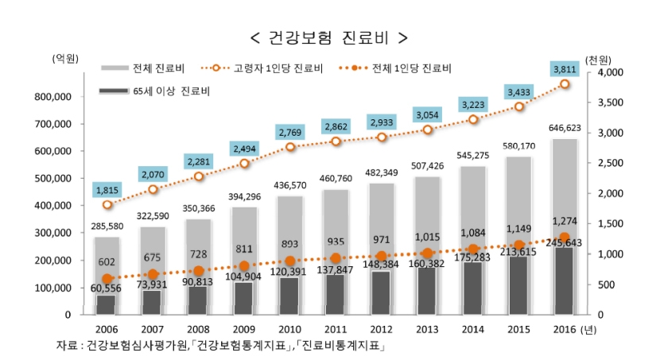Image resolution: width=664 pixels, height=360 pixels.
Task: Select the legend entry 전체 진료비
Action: point(156,68)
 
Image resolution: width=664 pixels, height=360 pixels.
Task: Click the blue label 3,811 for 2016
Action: point(565,69)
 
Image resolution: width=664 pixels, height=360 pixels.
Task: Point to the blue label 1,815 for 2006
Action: point(108,190)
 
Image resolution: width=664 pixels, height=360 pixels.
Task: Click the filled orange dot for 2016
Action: point(565,238)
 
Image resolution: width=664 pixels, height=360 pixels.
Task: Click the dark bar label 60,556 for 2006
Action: point(108,288)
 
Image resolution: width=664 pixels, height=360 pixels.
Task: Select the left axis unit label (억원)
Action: point(64,59)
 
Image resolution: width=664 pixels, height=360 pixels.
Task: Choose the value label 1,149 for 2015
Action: point(519,229)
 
